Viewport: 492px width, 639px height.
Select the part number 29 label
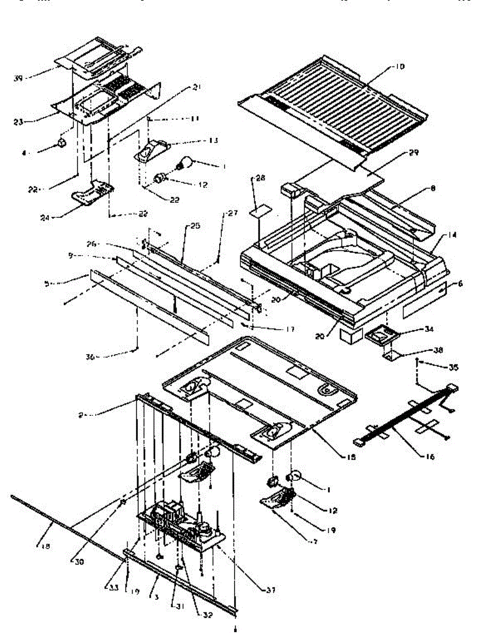pyautogui.click(x=414, y=153)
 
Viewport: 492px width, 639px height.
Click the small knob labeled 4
pyautogui.click(x=62, y=143)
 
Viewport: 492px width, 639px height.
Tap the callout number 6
pyautogui.click(x=460, y=284)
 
